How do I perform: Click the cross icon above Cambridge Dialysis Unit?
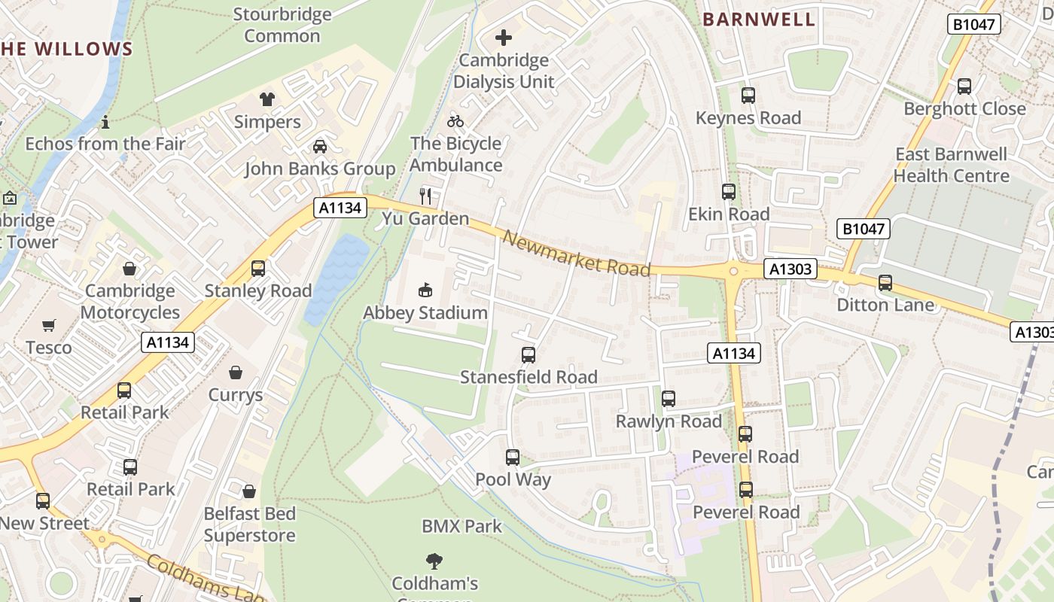pyautogui.click(x=504, y=38)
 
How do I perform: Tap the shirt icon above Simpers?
pyautogui.click(x=267, y=99)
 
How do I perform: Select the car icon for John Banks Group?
pyautogui.click(x=320, y=146)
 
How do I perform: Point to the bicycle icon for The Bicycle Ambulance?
pyautogui.click(x=455, y=120)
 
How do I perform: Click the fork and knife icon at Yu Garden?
pyautogui.click(x=425, y=196)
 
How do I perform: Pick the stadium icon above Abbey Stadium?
pyautogui.click(x=425, y=290)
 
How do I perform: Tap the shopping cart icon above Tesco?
pyautogui.click(x=49, y=326)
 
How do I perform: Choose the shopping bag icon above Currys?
pyautogui.click(x=236, y=372)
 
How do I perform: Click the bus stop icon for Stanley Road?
pyautogui.click(x=258, y=269)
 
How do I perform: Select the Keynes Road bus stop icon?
pyautogui.click(x=748, y=96)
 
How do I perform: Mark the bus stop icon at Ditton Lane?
pyautogui.click(x=885, y=283)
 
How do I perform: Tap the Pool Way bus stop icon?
pyautogui.click(x=513, y=458)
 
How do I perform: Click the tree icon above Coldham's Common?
pyautogui.click(x=434, y=561)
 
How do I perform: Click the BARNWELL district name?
pyautogui.click(x=759, y=20)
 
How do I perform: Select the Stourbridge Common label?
pyautogui.click(x=282, y=25)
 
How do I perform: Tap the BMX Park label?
pyautogui.click(x=462, y=526)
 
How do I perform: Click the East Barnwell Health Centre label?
pyautogui.click(x=951, y=165)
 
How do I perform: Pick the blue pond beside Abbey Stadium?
pyautogui.click(x=337, y=275)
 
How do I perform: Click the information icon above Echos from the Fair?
pyautogui.click(x=105, y=121)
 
